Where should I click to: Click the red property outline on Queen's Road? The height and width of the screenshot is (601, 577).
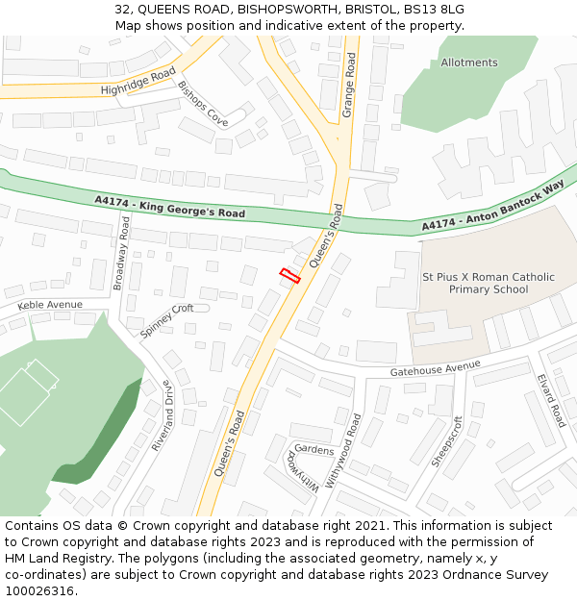pyautogui.click(x=289, y=276)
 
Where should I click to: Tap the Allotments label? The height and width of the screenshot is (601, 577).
pyautogui.click(x=469, y=63)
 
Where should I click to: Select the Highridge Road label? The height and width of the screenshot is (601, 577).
pyautogui.click(x=138, y=82)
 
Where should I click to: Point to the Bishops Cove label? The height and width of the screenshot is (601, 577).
pyautogui.click(x=203, y=103)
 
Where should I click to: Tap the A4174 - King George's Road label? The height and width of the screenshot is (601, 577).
pyautogui.click(x=169, y=206)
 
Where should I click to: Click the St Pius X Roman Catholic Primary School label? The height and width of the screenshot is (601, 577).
pyautogui.click(x=489, y=283)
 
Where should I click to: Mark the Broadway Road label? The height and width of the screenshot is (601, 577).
pyautogui.click(x=122, y=252)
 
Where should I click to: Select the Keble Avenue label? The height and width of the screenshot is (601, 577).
pyautogui.click(x=50, y=305)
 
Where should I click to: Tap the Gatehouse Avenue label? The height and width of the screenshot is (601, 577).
pyautogui.click(x=435, y=368)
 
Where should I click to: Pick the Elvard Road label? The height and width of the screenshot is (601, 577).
pyautogui.click(x=551, y=401)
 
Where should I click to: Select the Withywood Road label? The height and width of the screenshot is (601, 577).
pyautogui.click(x=343, y=451)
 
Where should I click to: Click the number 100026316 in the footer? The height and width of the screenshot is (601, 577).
pyautogui.click(x=38, y=591)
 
